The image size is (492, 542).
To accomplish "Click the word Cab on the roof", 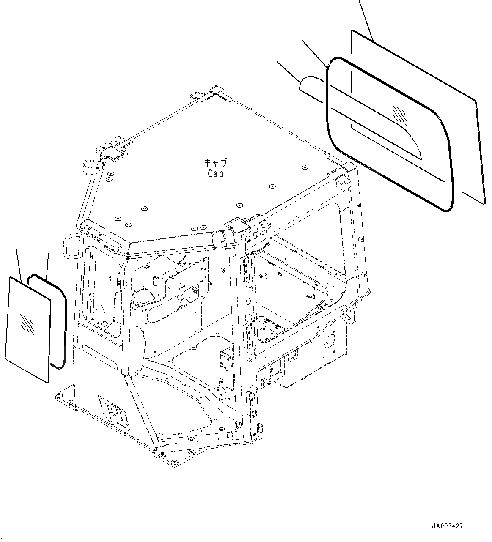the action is point(215,173).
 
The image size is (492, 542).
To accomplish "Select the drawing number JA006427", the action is point(448,526).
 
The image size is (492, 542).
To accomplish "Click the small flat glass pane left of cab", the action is point(28,330).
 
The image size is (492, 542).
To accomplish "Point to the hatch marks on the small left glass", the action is point(26,322).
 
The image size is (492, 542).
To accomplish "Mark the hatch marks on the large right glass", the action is point(400,113).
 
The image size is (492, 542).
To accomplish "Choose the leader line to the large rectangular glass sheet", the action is point(366,19).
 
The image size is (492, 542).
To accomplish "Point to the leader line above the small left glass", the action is point(18,262).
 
